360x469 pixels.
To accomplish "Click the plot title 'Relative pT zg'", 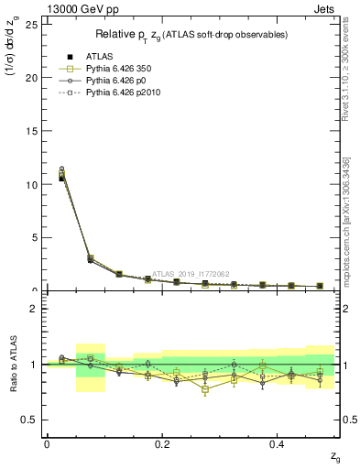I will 192,34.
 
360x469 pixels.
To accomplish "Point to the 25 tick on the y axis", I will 32,24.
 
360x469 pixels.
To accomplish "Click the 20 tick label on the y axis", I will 32,78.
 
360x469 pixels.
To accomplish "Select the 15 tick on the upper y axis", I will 32,131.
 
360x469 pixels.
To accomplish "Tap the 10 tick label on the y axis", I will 32,184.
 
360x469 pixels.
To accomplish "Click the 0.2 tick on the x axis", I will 161,443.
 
